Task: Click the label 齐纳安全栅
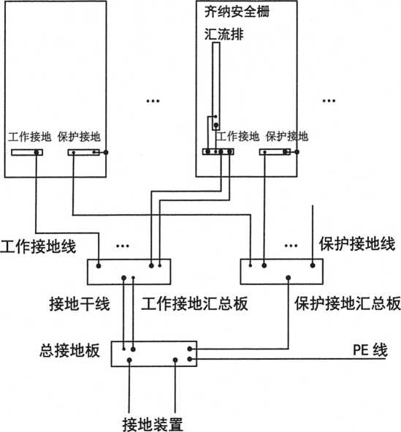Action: pos(237,12)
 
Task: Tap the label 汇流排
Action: pos(224,34)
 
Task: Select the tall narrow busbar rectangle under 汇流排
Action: pos(216,86)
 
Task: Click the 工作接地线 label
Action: pos(38,246)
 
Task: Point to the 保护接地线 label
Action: pos(357,244)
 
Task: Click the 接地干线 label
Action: pos(80,303)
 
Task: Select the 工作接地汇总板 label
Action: pos(194,303)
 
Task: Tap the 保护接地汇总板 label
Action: pos(348,303)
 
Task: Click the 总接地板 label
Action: pos(69,351)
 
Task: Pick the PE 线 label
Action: pos(370,350)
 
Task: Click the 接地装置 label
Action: pos(153,425)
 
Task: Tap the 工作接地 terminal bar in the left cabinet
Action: pos(27,152)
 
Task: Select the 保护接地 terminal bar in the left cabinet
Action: pos(84,152)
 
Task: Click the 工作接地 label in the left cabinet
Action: pos(29,137)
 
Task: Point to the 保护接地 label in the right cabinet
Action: pos(287,137)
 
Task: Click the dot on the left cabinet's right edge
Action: pos(106,152)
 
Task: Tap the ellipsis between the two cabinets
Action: pos(153,101)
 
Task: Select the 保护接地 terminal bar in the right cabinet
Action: pos(275,152)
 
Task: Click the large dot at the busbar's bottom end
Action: pos(216,125)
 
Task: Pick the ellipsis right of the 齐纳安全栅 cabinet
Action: pos(329,101)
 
